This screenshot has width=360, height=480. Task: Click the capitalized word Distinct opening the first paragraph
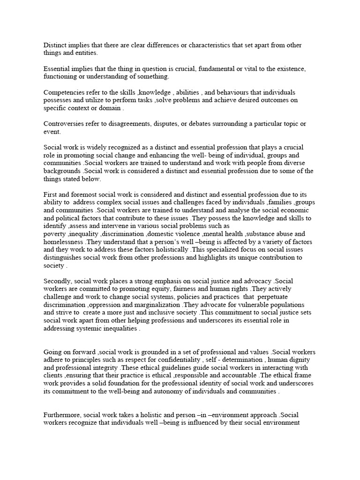tap(55, 45)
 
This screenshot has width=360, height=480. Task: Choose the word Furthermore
tap(64, 415)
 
